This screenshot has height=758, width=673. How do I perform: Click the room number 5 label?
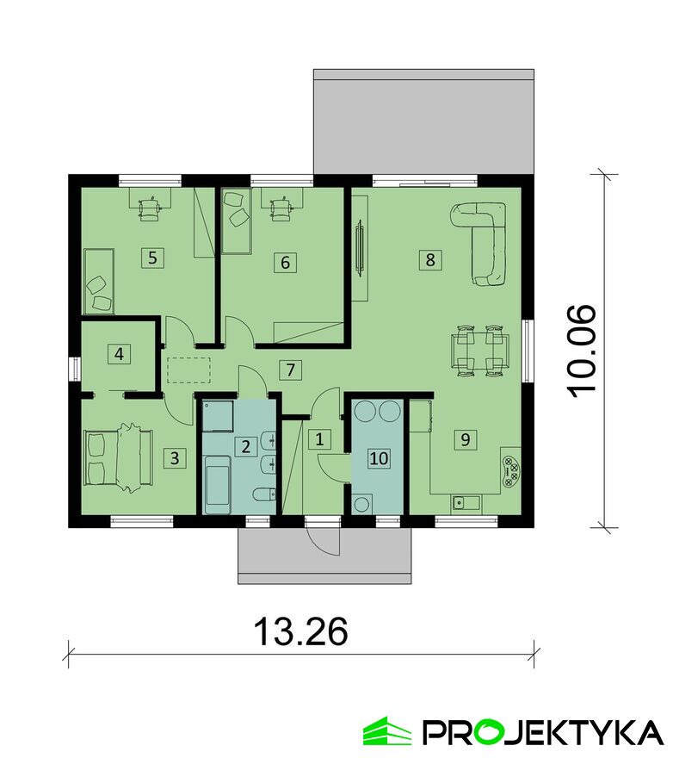pyautogui.click(x=152, y=258)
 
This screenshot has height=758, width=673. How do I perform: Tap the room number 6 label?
pyautogui.click(x=285, y=263)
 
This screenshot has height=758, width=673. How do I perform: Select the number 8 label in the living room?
pyautogui.click(x=430, y=260)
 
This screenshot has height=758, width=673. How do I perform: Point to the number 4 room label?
pyautogui.click(x=119, y=354)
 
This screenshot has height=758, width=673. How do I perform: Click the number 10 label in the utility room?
pyautogui.click(x=379, y=458)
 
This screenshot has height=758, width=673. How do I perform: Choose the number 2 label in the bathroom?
pyautogui.click(x=245, y=446)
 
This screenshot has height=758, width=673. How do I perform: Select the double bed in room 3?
pyautogui.click(x=119, y=457)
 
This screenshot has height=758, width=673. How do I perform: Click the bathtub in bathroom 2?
pyautogui.click(x=218, y=484)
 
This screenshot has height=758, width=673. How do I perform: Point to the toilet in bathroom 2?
pyautogui.click(x=264, y=495)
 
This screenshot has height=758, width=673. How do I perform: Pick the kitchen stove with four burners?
pyautogui.click(x=511, y=472)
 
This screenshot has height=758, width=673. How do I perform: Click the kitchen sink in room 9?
pyautogui.click(x=466, y=503)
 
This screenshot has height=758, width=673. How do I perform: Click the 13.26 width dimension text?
pyautogui.click(x=300, y=631)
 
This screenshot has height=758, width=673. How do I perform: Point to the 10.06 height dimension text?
pyautogui.click(x=582, y=351)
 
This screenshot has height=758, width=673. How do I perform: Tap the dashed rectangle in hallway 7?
pyautogui.click(x=188, y=370)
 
